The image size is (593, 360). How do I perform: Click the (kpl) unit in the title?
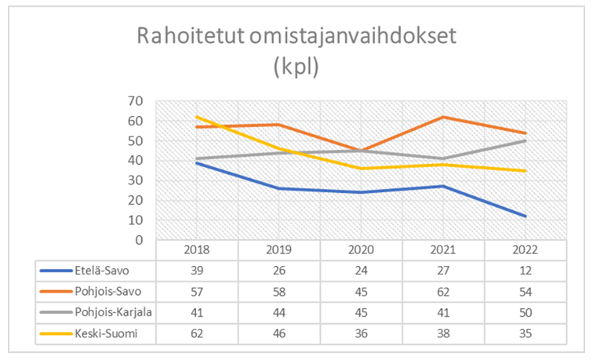pos(296,68)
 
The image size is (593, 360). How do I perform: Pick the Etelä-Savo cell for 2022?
pos(525,271)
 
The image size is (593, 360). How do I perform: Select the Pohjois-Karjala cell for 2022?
pos(525,312)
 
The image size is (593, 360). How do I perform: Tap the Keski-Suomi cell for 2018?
pos(196,333)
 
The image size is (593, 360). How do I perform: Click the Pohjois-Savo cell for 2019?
pos(278,291)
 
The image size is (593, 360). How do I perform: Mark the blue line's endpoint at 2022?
pos(525,216)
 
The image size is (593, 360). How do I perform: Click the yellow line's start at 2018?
pos(196,117)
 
